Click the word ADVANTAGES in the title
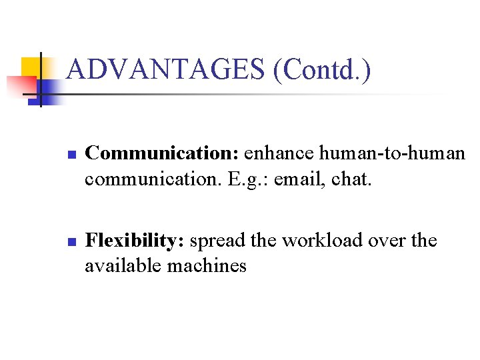[x=167, y=69]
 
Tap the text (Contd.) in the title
[x=322, y=69]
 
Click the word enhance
[x=279, y=153]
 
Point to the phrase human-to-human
[x=392, y=153]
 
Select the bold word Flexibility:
[x=135, y=240]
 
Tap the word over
[x=387, y=240]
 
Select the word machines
[x=207, y=266]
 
